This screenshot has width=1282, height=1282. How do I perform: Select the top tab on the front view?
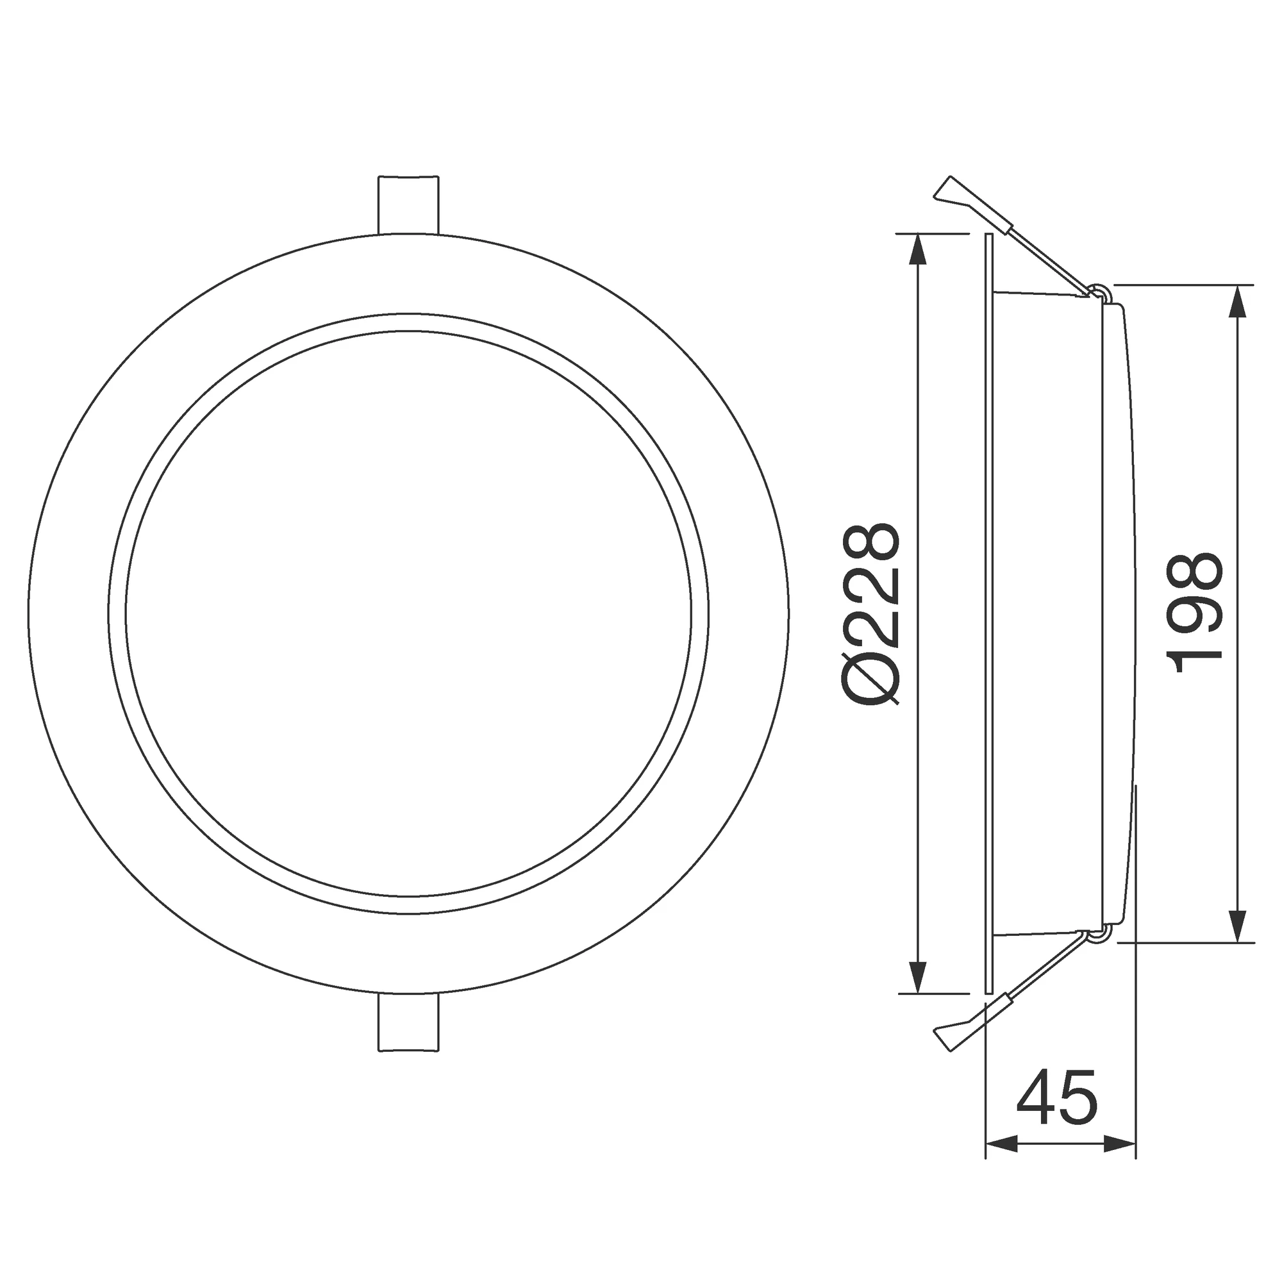tap(409, 204)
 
